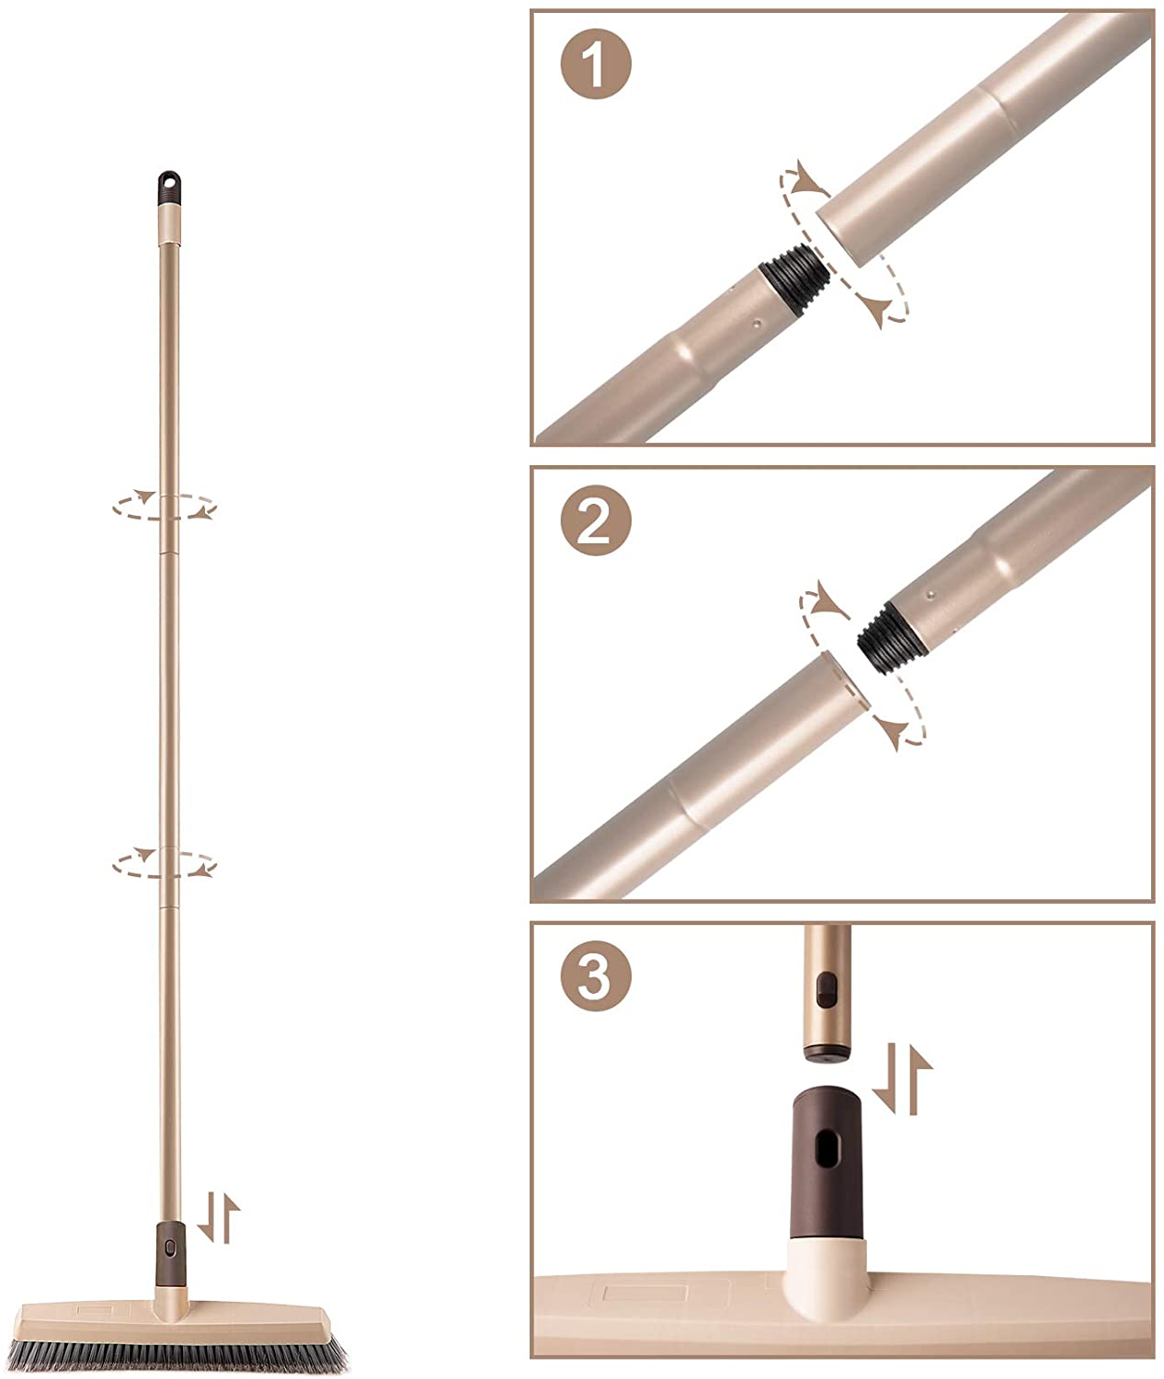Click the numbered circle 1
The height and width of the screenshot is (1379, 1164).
coord(596,64)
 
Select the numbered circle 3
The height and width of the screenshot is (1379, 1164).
coord(596,975)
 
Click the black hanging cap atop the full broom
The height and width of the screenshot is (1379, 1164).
coord(169,187)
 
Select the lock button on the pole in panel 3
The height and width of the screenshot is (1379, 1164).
coord(826,988)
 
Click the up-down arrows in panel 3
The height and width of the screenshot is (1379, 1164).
coord(902,1078)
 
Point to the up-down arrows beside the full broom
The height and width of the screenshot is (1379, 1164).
coord(219,1217)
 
